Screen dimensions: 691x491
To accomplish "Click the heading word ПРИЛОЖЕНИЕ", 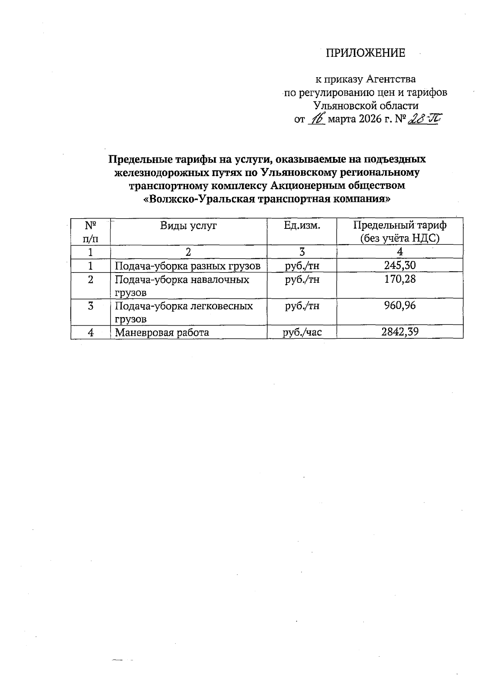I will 365,53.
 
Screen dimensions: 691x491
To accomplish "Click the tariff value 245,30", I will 400,266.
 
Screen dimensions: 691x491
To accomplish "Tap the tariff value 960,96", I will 400,306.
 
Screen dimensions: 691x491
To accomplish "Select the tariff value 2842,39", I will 400,332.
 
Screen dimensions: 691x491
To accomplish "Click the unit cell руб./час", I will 302,332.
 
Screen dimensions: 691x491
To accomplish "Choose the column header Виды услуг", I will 188,225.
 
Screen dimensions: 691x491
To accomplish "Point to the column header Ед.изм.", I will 302,225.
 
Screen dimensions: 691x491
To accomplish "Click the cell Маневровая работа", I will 162,332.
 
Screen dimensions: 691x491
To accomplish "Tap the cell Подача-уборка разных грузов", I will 187,266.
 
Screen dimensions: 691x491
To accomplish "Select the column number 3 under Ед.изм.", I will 302,252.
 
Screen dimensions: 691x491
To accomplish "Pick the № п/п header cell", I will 90,231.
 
